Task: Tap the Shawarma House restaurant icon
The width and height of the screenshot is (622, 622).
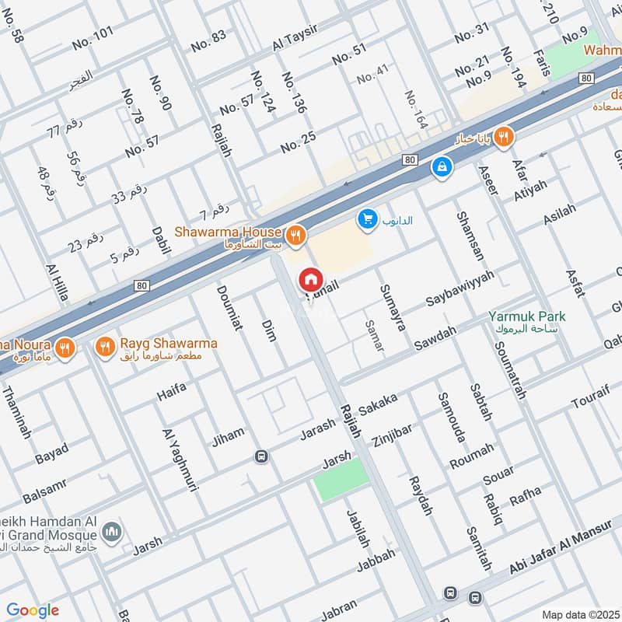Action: pyautogui.click(x=295, y=233)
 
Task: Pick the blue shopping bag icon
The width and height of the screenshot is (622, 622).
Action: pyautogui.click(x=442, y=166)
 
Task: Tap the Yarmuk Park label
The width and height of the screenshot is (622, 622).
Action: pyautogui.click(x=527, y=317)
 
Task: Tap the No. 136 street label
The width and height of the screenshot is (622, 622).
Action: pyautogui.click(x=295, y=93)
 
